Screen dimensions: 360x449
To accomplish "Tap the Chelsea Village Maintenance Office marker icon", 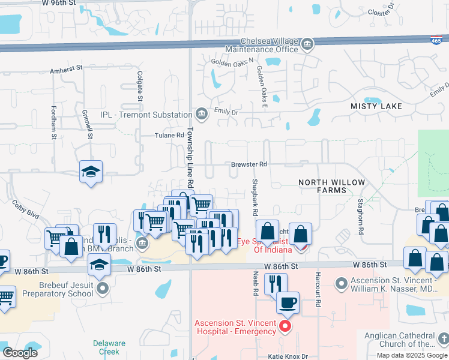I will tap(307, 44).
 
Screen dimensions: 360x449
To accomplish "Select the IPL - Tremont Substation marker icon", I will tap(201, 114).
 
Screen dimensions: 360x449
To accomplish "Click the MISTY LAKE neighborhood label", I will tap(376, 106).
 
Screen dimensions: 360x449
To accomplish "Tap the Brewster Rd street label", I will tap(249, 164).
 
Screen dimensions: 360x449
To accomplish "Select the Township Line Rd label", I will tap(190, 156).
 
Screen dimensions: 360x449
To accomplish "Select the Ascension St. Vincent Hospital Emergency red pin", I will tap(285, 326).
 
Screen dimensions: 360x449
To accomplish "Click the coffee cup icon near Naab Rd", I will tap(288, 302).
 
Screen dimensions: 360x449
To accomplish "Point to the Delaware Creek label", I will tap(109, 347).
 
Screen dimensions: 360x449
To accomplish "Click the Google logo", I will tap(20, 353).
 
